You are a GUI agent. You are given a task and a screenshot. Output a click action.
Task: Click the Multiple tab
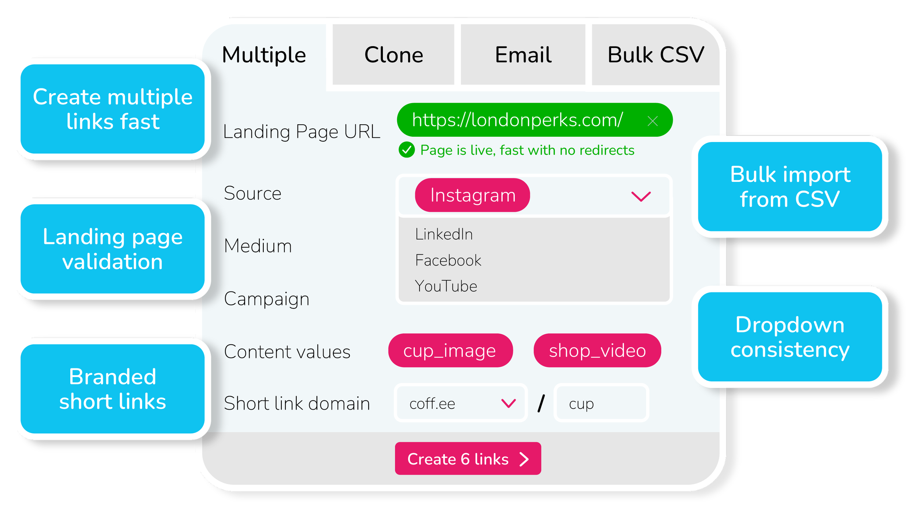coord(264,55)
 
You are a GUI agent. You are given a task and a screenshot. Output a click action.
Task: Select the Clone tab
coord(394,55)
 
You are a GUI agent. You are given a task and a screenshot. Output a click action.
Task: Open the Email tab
coord(523,55)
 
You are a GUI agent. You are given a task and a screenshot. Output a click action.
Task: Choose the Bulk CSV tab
coord(655,55)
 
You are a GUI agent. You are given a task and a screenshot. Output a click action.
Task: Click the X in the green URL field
coord(653,121)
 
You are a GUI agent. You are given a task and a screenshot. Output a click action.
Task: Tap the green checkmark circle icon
coord(407,150)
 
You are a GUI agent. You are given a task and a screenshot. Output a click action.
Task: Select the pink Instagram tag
coord(472,195)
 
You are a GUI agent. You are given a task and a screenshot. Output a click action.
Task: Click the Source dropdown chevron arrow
coord(641,196)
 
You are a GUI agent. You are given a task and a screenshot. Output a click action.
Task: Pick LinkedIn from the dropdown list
coord(444,234)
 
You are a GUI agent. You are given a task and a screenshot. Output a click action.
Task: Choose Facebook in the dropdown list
coord(448,260)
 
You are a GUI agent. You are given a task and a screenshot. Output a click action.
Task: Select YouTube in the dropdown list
coord(446,286)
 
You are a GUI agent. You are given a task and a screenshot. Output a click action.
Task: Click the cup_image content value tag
coord(450,351)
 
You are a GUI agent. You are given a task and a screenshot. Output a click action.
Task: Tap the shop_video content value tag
coord(597,351)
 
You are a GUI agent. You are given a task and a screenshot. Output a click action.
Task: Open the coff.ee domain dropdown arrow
coord(508,403)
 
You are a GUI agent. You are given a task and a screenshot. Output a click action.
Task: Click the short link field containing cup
coord(601,403)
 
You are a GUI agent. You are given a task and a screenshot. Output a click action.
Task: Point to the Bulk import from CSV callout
coord(790,187)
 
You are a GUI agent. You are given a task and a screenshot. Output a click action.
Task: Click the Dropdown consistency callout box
coord(790,337)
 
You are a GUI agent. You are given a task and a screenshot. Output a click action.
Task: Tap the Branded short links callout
coord(112,389)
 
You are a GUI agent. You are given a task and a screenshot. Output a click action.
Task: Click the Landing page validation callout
coord(112,249)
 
